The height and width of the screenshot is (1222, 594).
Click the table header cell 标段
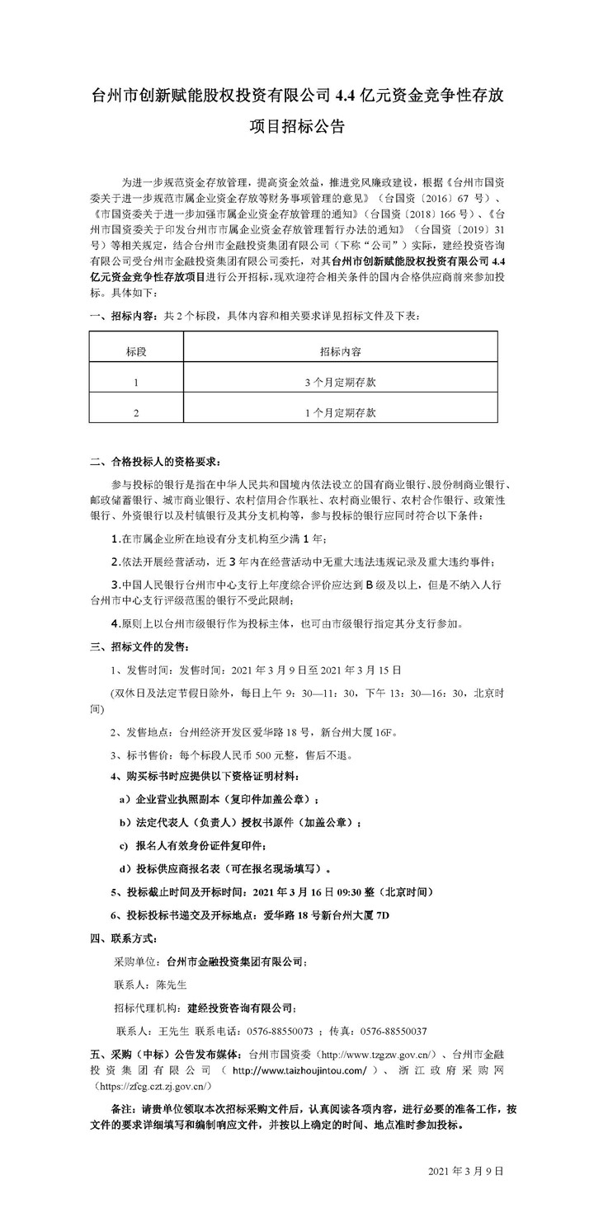point(136,350)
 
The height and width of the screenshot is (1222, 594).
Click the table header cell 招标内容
point(340,350)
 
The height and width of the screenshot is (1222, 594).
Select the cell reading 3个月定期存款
point(340,381)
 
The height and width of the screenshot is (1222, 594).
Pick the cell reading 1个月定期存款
point(340,411)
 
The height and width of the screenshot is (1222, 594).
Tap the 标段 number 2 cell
point(136,411)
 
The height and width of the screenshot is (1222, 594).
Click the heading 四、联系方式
point(124,938)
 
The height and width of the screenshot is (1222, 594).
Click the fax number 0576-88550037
point(394,1031)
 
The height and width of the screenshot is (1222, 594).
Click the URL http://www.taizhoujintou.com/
point(299,1070)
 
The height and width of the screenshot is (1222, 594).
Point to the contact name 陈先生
point(172,985)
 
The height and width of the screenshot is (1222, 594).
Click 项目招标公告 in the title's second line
point(296,127)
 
